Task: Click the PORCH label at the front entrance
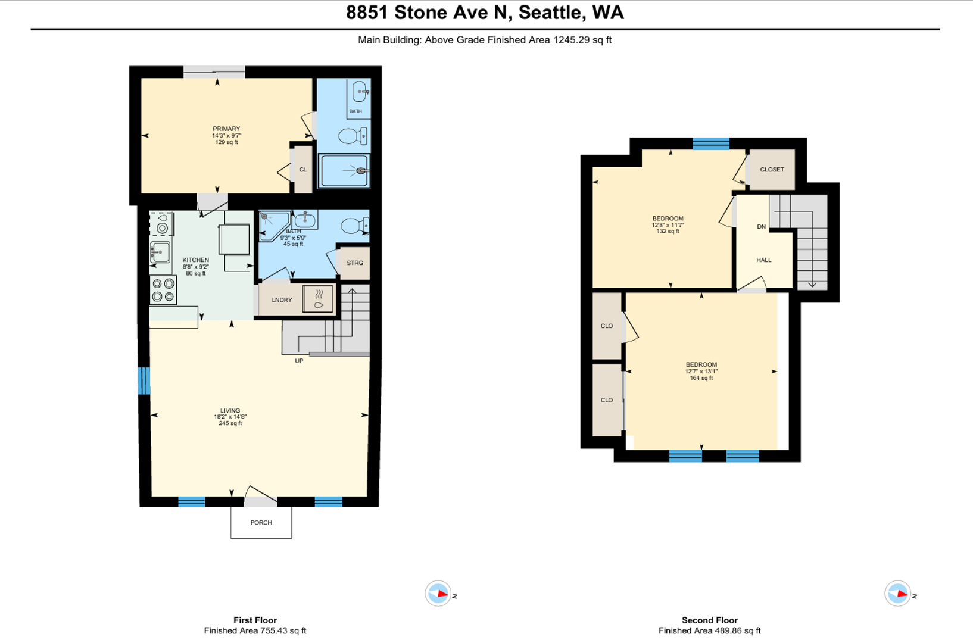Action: click(x=261, y=522)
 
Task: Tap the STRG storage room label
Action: click(x=355, y=263)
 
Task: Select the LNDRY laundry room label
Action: click(x=282, y=300)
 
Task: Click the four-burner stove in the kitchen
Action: click(x=163, y=290)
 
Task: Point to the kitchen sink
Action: click(x=160, y=252)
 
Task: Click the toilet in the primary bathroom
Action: click(x=353, y=136)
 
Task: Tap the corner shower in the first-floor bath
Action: click(x=275, y=226)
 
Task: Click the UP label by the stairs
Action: click(x=299, y=361)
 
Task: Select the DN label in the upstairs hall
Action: click(x=762, y=227)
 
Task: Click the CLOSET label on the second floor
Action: click(x=772, y=169)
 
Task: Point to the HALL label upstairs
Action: click(x=763, y=260)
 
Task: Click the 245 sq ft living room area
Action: click(x=230, y=423)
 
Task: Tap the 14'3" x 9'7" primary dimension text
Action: click(x=226, y=136)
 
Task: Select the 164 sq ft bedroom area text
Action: click(x=701, y=378)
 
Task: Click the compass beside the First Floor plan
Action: click(x=438, y=593)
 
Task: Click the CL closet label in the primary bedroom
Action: click(x=302, y=170)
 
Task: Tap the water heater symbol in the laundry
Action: click(x=319, y=299)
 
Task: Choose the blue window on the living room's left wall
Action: click(x=144, y=381)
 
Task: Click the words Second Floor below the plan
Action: click(x=710, y=620)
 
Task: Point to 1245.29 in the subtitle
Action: click(x=571, y=40)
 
